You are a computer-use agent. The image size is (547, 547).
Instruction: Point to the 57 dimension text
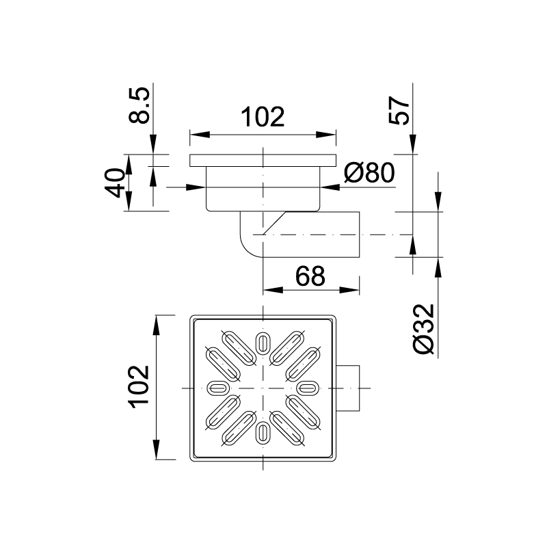point(401,109)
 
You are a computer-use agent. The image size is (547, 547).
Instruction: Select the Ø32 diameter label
point(424,330)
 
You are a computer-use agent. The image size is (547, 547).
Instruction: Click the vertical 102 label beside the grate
point(139,387)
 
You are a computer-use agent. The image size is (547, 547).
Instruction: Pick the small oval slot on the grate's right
point(308,388)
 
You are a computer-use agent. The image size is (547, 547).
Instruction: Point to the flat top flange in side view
point(263,161)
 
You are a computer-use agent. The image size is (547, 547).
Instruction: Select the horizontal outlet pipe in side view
point(315,235)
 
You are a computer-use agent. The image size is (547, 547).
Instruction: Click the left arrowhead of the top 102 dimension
point(194,135)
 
